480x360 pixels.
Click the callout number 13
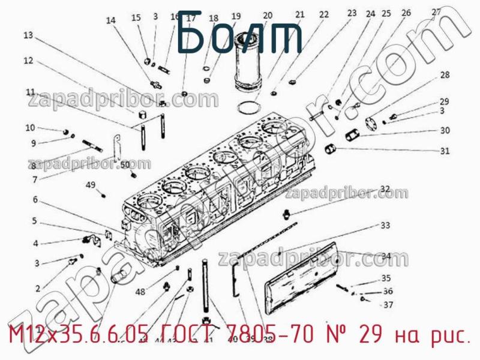[28, 35]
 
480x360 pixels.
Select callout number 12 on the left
[28, 60]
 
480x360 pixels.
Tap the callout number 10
[30, 127]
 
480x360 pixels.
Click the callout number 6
[35, 199]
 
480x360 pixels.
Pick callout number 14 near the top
[110, 20]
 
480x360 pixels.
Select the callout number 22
[324, 14]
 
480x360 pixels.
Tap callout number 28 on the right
[445, 75]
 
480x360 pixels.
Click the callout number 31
[445, 151]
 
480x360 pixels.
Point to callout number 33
[385, 226]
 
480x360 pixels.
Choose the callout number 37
[388, 305]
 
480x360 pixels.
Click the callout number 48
[140, 292]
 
